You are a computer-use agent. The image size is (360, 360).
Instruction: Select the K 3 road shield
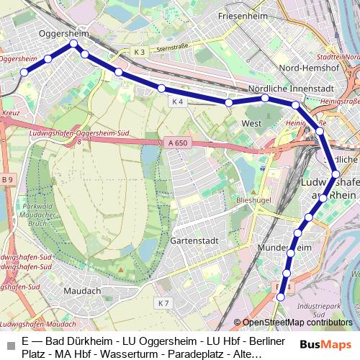click(139, 52)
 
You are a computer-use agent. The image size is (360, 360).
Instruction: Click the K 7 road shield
click(163, 303)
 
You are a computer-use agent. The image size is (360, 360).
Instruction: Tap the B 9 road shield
click(7, 179)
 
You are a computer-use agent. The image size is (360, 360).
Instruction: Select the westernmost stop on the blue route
click(24, 71)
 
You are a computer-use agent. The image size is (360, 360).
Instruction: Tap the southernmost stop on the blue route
click(281, 297)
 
